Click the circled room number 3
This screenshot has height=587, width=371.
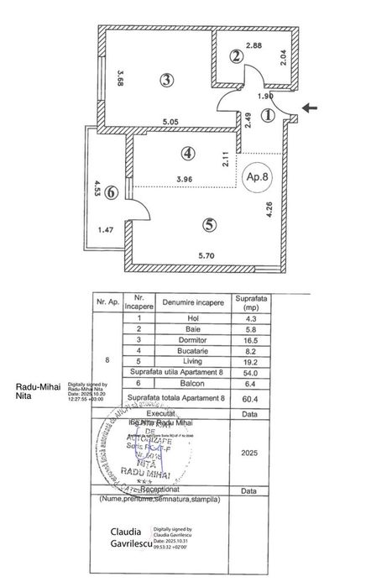167,81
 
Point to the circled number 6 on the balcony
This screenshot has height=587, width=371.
111,191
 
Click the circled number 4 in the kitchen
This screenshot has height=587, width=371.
188,155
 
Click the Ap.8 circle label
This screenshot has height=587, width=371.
257,178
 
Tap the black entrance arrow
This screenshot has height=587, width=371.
310,107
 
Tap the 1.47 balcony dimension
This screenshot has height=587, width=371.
105,229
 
